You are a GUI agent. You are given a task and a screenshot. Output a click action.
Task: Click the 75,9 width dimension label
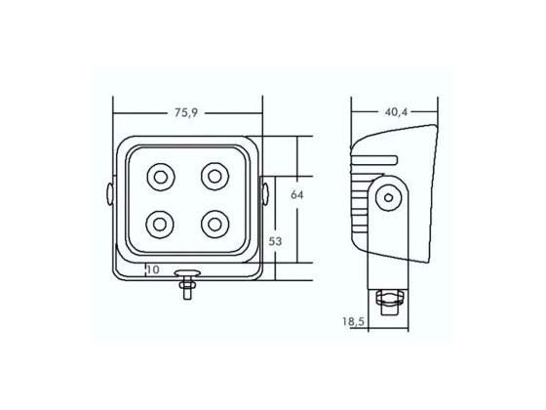(187, 113)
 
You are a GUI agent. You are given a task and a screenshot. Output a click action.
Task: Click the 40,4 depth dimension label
(397, 112)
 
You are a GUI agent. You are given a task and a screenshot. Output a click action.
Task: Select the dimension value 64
(297, 194)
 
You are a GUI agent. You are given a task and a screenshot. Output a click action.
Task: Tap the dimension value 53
(276, 240)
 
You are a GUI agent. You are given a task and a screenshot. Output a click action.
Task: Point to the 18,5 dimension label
(353, 320)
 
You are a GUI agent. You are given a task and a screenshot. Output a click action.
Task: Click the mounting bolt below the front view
(185, 289)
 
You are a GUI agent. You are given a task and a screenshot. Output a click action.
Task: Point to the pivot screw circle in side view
(389, 198)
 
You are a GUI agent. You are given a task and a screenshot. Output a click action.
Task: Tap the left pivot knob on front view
(110, 192)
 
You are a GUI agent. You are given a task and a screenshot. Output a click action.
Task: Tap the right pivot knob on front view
(264, 192)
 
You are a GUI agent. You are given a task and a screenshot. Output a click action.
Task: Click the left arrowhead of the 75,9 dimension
(115, 124)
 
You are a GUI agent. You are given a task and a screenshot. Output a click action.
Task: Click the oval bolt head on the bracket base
(185, 274)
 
